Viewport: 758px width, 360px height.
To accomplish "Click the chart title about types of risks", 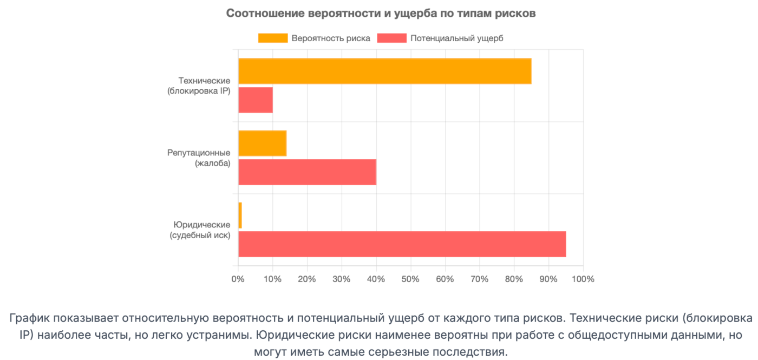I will (x=381, y=14).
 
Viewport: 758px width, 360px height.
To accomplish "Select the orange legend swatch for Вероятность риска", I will (x=273, y=38).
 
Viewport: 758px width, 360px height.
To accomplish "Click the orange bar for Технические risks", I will (x=384, y=71).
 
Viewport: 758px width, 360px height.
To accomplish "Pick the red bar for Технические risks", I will (x=256, y=100).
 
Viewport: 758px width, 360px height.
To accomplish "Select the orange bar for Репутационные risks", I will (x=262, y=143).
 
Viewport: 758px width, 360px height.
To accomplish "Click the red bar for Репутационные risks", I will (x=307, y=172).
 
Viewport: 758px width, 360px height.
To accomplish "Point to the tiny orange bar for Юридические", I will (x=240, y=215).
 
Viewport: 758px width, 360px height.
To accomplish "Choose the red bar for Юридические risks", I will (x=402, y=244).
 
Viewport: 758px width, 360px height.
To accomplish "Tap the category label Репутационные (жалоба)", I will (x=199, y=158).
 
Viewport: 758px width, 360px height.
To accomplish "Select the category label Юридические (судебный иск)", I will (x=200, y=230).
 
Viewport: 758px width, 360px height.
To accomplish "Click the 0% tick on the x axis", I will (x=238, y=279).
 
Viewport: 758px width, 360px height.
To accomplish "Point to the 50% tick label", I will (x=410, y=279).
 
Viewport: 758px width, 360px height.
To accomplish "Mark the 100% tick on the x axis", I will (x=583, y=279).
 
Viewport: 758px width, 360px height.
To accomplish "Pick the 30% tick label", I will (x=342, y=279).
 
